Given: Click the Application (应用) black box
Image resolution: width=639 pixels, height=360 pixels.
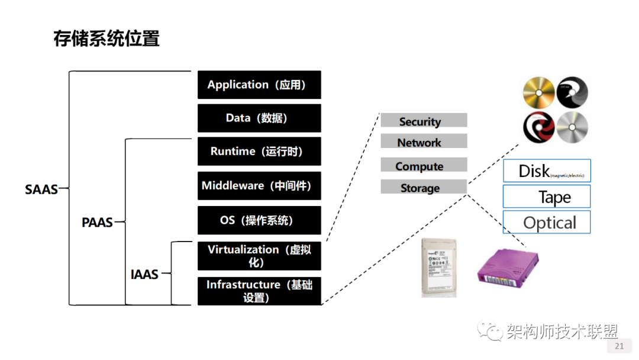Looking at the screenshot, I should [259, 85].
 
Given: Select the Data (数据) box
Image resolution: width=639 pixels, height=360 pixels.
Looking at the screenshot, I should [259, 118].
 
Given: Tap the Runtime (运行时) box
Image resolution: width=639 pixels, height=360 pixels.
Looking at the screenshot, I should [259, 152].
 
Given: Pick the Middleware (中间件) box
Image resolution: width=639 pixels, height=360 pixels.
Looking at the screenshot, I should [259, 186].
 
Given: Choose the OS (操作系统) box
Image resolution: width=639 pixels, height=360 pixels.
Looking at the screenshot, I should [259, 220].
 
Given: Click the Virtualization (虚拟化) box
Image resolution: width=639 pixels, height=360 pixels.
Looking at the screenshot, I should [259, 256].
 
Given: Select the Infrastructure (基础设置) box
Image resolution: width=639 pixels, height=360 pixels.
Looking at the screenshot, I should [259, 291].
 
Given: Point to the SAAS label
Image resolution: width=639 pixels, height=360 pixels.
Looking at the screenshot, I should [41, 189].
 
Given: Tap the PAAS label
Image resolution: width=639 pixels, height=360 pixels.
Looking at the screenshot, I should [97, 223].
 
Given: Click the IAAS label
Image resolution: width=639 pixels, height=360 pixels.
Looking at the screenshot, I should [144, 274].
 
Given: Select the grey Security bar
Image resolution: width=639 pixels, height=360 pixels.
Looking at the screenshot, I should [424, 121].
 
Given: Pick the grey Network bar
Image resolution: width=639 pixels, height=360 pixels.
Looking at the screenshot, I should [424, 142].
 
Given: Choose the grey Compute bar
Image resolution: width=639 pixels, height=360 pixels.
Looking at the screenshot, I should [424, 166].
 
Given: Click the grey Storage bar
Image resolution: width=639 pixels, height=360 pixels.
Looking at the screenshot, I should [424, 188].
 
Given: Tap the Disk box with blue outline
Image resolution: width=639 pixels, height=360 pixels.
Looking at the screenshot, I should [547, 171].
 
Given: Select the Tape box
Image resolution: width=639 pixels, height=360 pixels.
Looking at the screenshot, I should [547, 197].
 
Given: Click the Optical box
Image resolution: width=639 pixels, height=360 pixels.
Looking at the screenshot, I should [547, 223].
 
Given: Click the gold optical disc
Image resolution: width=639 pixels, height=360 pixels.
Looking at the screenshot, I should [538, 94].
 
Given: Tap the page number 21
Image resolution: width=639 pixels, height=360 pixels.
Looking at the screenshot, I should [619, 346].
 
